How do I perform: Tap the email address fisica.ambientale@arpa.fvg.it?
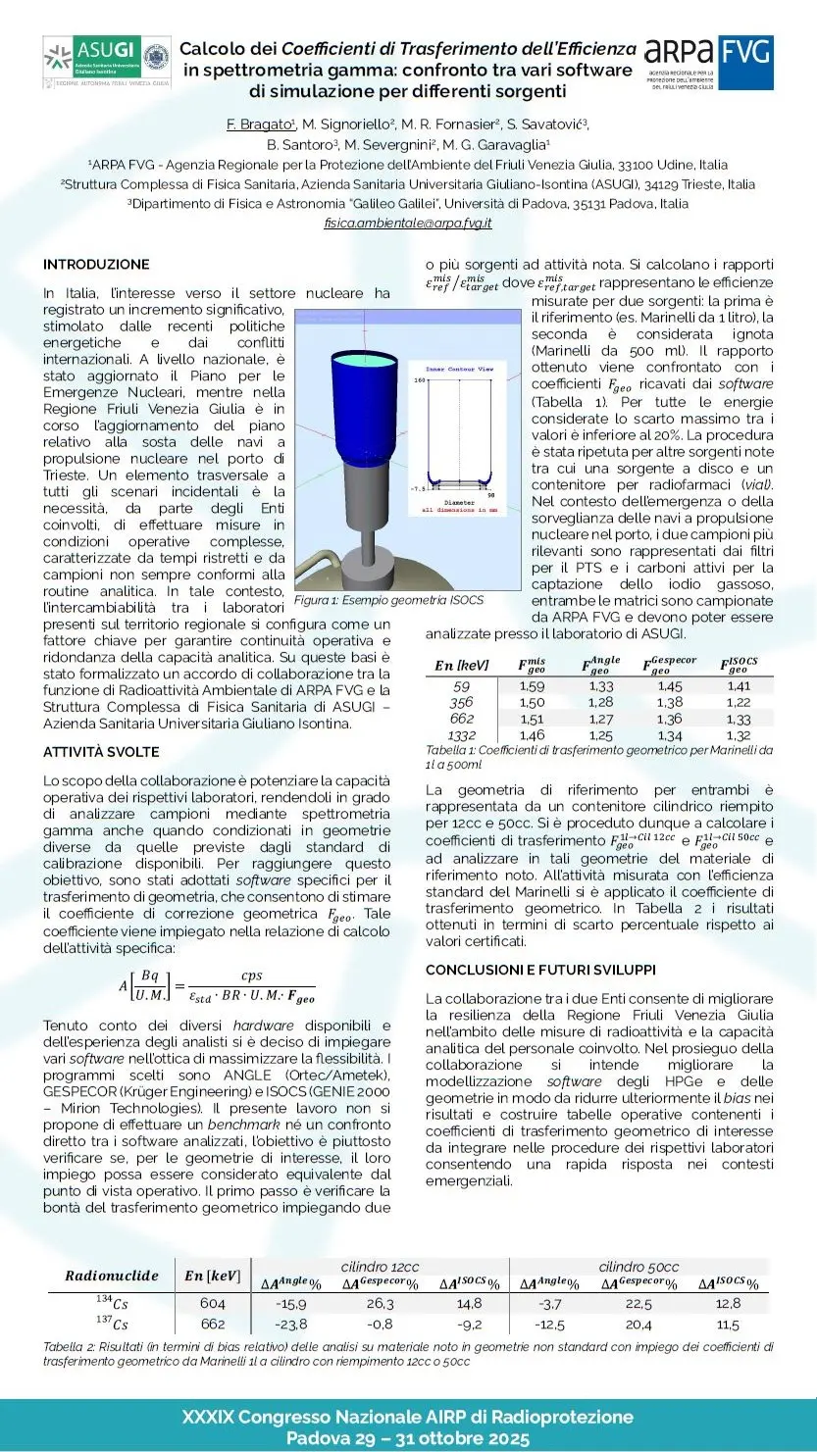pyautogui.click(x=408, y=224)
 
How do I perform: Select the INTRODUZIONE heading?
pyautogui.click(x=97, y=265)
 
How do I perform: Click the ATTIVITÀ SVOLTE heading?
pyautogui.click(x=101, y=752)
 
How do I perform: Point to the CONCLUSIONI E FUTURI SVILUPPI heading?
pyautogui.click(x=540, y=969)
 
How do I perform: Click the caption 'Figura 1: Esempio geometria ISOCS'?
pyautogui.click(x=389, y=600)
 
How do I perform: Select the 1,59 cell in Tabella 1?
pyautogui.click(x=532, y=685)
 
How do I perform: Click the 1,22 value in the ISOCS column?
pyautogui.click(x=738, y=702)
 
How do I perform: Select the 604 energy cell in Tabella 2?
pyautogui.click(x=212, y=1303)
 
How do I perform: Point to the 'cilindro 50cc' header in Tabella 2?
pyautogui.click(x=638, y=1267)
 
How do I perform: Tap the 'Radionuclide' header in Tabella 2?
pyautogui.click(x=111, y=1276)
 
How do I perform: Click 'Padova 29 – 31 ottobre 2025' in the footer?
pyautogui.click(x=408, y=1438)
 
